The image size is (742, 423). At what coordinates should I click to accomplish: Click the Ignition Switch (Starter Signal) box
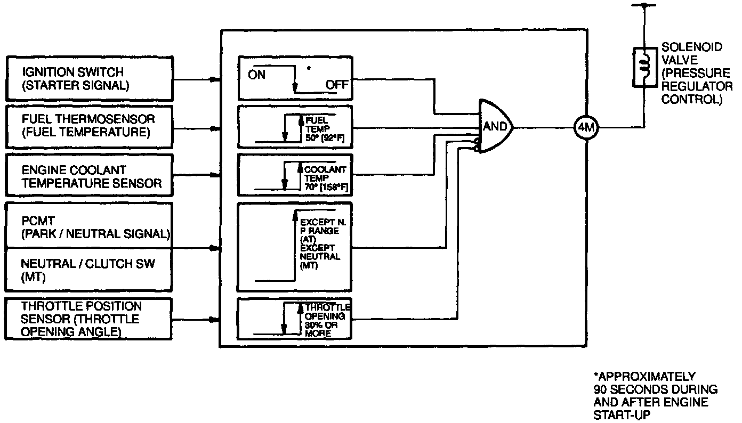click(89, 78)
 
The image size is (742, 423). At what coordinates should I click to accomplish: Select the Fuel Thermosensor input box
click(89, 126)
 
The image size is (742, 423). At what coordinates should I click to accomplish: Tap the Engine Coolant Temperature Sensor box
click(89, 176)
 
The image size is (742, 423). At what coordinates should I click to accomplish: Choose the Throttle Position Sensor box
click(89, 319)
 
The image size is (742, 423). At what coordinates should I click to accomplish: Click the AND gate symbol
click(495, 127)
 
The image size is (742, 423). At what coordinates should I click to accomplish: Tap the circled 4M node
click(586, 128)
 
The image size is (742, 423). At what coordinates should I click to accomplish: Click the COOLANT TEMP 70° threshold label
click(325, 178)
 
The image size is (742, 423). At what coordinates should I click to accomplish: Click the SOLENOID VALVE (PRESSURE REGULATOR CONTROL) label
click(696, 74)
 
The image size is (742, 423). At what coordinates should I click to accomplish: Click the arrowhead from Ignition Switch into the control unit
click(215, 79)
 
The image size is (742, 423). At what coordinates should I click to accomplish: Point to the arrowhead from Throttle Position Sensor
click(215, 320)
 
